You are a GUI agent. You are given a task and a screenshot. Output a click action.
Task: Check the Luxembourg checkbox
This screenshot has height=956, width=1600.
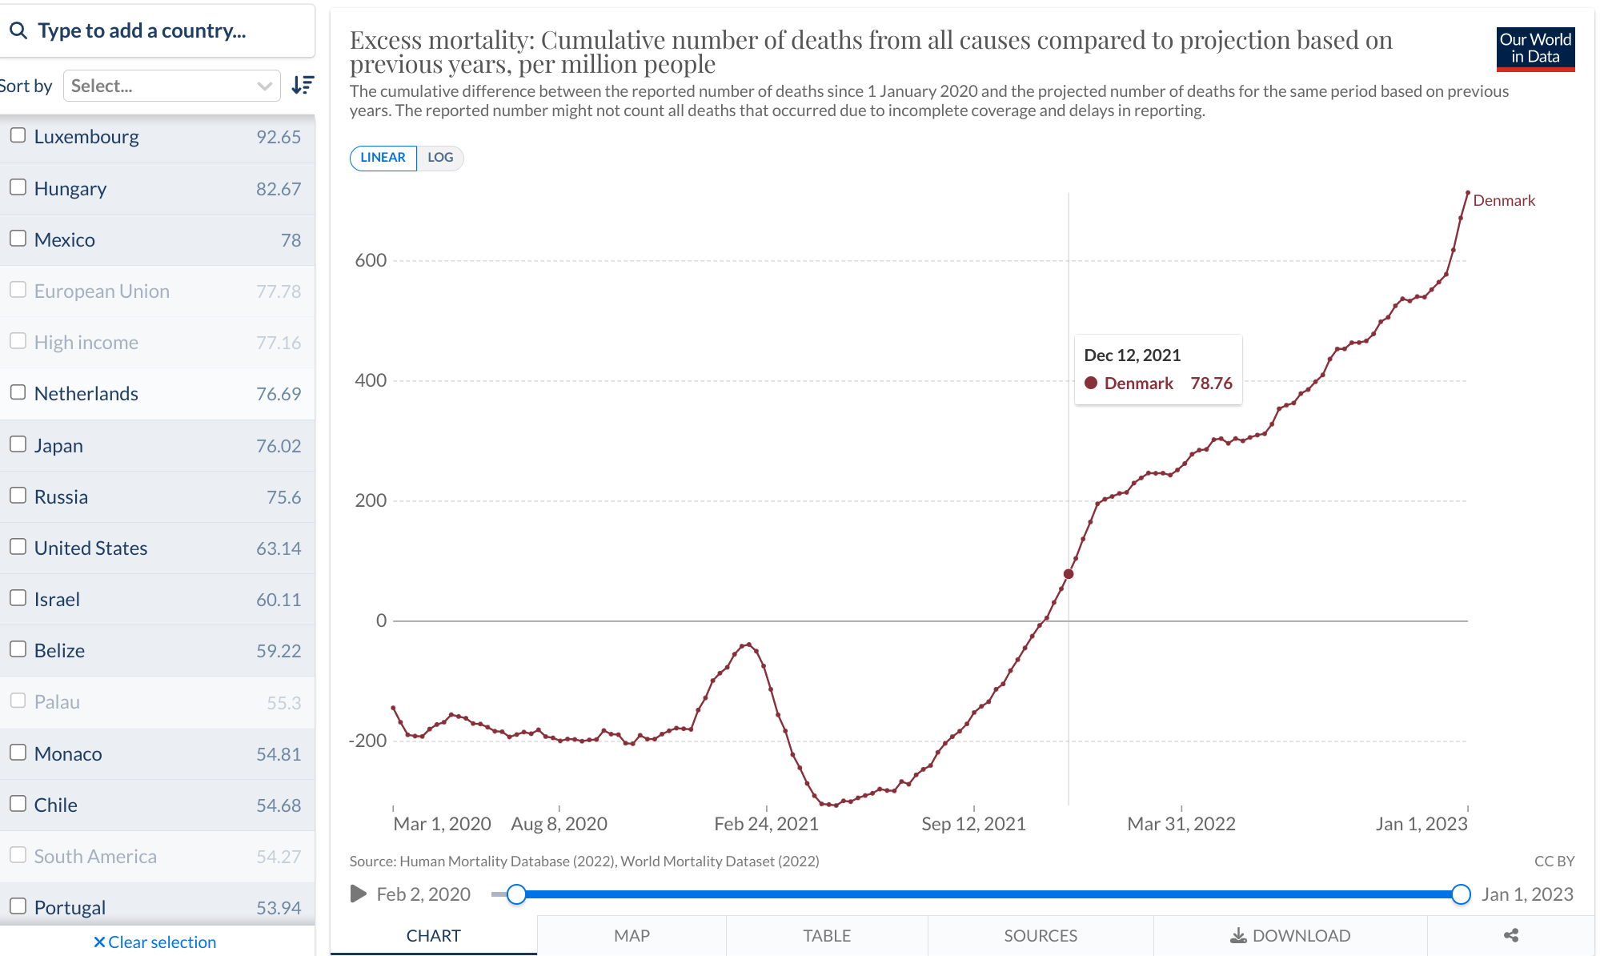point(18,135)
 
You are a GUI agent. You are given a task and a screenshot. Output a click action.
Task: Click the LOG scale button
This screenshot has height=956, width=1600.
point(440,158)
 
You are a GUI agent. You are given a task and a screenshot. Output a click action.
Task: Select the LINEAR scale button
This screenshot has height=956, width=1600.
point(383,158)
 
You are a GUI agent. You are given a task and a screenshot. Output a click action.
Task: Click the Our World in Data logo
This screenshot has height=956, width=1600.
point(1534,49)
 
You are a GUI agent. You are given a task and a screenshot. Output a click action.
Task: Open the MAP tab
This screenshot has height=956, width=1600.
point(632,935)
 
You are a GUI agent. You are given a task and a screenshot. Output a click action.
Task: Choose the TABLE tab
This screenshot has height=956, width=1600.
point(827,935)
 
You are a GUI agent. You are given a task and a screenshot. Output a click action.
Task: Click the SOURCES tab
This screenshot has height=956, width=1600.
point(1040,935)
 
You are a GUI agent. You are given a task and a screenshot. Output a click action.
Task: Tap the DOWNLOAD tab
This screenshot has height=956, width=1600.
point(1289,935)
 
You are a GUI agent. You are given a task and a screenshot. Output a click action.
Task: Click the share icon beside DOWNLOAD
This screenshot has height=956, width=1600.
point(1510,935)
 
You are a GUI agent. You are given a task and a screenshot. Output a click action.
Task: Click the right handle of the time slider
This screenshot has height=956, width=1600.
point(1461,894)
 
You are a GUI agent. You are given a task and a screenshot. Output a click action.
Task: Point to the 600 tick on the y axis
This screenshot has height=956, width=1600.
point(371,260)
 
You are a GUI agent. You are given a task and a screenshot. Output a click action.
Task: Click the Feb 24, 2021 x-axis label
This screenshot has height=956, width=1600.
point(766,824)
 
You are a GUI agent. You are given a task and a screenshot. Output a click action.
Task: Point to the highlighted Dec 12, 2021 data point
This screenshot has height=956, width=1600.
point(1069,574)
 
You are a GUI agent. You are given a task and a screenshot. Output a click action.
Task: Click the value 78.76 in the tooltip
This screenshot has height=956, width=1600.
point(1211,384)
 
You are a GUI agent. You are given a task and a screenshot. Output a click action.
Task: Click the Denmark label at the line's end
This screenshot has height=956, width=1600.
point(1503,200)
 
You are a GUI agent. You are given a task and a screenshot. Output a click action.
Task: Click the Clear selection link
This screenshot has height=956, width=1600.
point(154,942)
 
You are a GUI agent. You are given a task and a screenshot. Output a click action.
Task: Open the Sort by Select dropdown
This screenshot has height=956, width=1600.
point(171,86)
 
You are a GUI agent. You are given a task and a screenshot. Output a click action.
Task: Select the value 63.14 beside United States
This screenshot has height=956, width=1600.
point(279,548)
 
